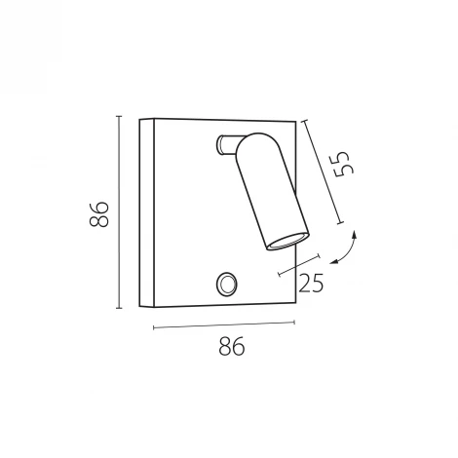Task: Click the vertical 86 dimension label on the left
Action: click(x=98, y=214)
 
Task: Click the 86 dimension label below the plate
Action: click(x=232, y=346)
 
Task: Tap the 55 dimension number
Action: click(x=344, y=164)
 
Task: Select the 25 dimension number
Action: click(x=311, y=283)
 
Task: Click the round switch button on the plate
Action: click(x=226, y=285)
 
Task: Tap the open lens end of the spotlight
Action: click(x=287, y=242)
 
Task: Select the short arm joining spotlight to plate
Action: click(x=228, y=144)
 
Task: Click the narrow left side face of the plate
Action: click(x=147, y=212)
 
